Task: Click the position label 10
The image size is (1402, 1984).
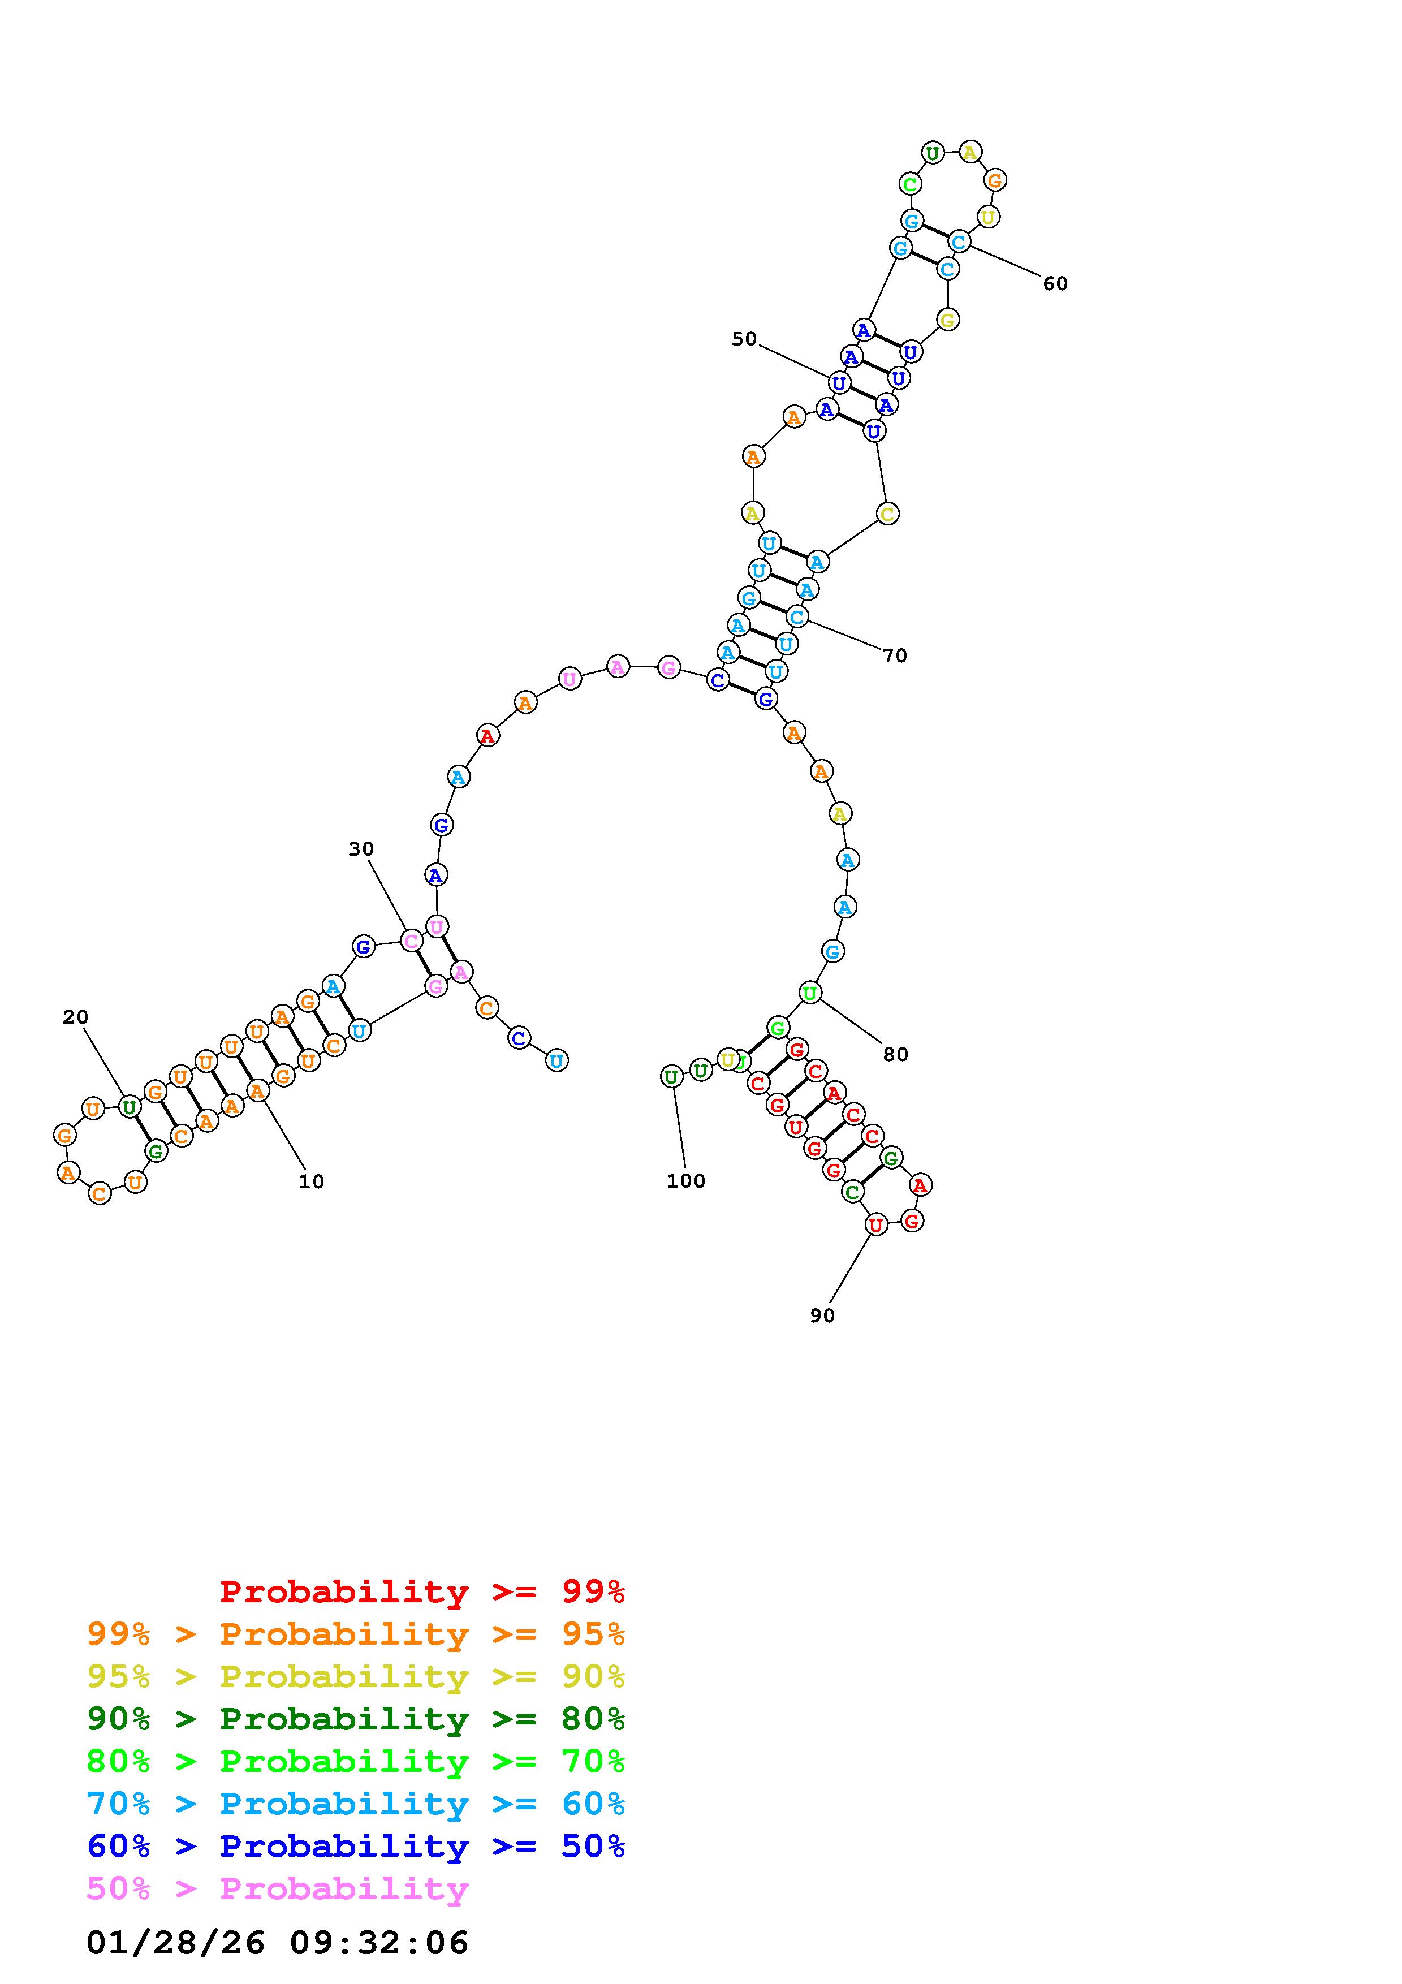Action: (311, 1181)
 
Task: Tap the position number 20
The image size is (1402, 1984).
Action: (75, 1017)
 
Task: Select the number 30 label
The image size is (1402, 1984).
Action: (361, 849)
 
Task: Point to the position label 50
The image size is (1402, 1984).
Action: (744, 339)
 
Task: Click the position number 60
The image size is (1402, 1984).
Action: (1055, 283)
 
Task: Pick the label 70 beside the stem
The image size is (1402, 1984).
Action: (895, 656)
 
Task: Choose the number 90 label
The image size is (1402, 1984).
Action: (822, 1315)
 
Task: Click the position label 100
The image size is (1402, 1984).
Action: (686, 1181)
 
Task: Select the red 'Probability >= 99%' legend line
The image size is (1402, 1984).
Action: (422, 1591)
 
